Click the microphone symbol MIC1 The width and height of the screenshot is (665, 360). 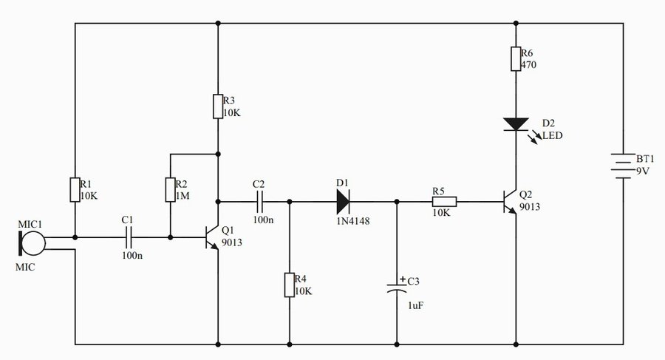tap(31, 242)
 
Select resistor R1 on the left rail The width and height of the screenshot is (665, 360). tap(75, 189)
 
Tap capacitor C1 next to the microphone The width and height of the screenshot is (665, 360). tap(127, 238)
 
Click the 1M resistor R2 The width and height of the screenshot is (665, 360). tap(170, 189)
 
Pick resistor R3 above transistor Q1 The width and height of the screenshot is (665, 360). tap(218, 106)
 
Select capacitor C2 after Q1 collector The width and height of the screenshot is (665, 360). tap(259, 201)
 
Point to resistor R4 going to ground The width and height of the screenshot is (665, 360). tap(289, 285)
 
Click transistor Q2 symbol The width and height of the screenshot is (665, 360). tap(511, 201)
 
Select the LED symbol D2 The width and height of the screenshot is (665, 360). tap(515, 123)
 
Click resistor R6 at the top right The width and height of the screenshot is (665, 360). tap(515, 59)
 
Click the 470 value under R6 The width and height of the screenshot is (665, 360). tap(529, 64)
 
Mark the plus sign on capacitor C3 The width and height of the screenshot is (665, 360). tap(402, 279)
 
